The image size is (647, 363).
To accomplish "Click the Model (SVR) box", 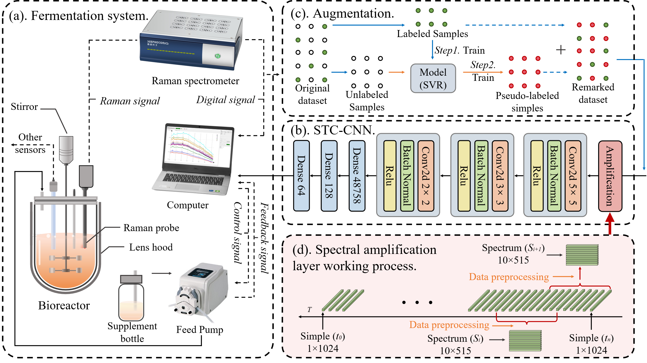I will pos(433,78).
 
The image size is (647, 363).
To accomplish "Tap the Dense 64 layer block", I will pos(301,175).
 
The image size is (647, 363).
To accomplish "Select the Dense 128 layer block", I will pos(329,175).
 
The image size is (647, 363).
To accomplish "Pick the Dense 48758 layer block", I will pos(357,175).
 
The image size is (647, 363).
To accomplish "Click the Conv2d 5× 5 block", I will pos(573,176).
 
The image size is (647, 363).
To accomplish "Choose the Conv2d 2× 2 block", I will pos(426,176).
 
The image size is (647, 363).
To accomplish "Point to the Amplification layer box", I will pos(610,176).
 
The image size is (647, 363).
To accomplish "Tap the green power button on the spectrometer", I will pos(218,56).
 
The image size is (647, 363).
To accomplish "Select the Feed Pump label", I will pos(200,330).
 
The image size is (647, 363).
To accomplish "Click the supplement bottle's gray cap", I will pos(131,279).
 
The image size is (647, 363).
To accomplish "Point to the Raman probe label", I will pos(151,228).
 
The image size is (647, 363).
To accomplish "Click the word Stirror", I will pos(24,106).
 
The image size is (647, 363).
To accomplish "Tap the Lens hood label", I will pos(151,247).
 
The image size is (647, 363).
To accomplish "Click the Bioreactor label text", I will pos(64,305).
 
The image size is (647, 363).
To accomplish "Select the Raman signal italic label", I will pos(130,101).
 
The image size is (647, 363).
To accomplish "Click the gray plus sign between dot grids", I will pos(561,49).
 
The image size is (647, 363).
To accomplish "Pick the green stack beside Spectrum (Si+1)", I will pos(582,255).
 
